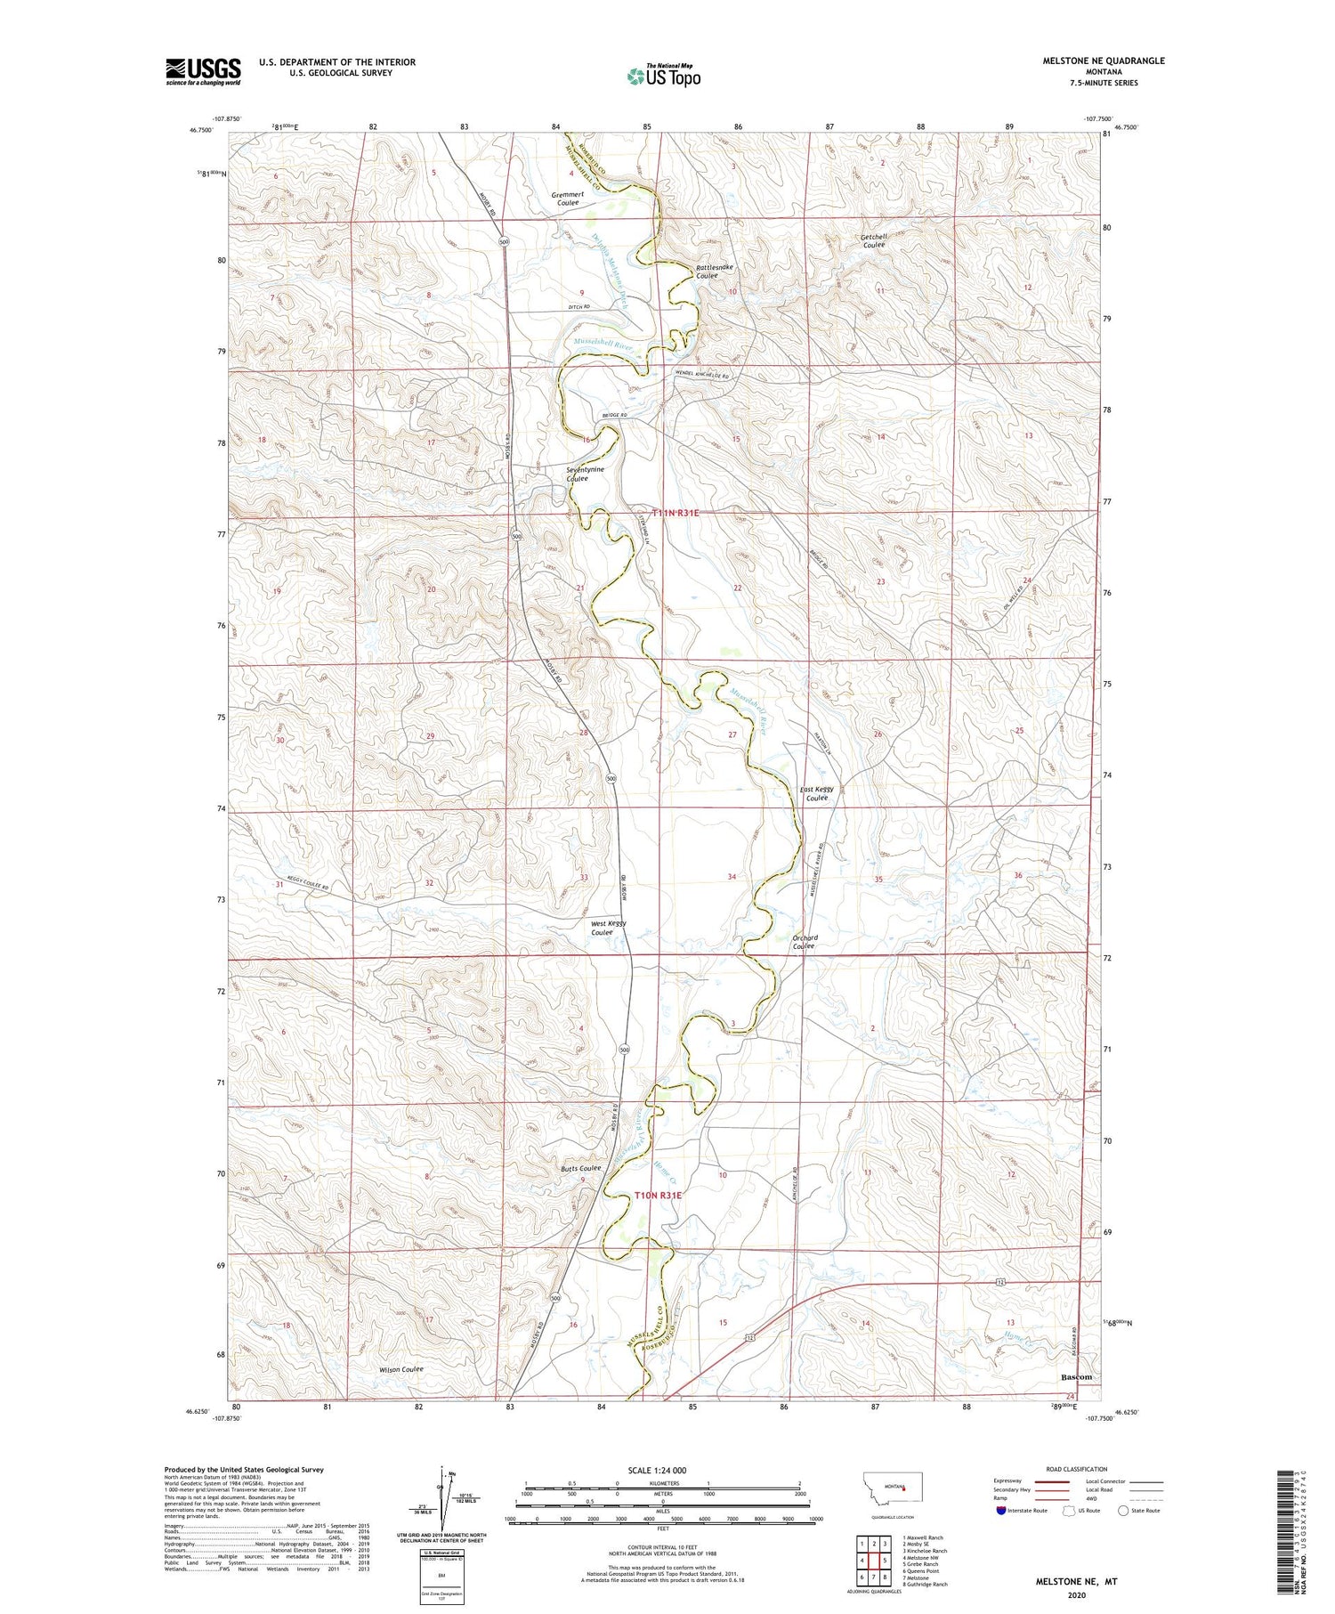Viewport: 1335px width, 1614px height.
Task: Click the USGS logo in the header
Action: coord(203,71)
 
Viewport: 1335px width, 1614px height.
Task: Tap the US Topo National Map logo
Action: coord(663,76)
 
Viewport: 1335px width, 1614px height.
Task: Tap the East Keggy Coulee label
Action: coord(817,793)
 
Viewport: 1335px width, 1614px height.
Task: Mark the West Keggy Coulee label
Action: coord(610,928)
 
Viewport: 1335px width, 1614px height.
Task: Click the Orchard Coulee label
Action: coord(804,942)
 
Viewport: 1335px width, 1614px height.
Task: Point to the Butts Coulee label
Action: coord(581,1168)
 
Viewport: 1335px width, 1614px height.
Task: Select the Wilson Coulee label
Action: coord(398,1369)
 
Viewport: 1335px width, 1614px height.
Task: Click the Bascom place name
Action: coord(1076,1376)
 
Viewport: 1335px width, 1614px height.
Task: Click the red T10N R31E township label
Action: coord(658,1195)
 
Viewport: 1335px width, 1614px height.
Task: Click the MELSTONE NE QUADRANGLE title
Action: coord(1104,61)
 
